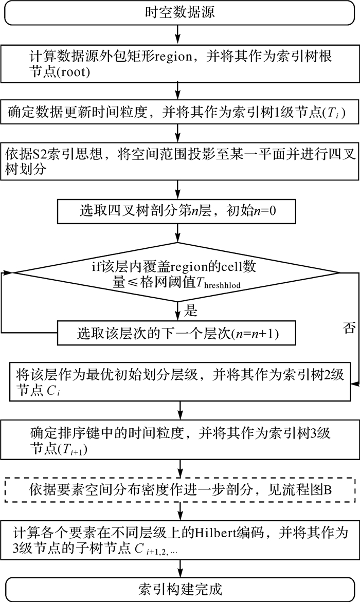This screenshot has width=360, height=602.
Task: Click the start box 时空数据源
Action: pyautogui.click(x=179, y=12)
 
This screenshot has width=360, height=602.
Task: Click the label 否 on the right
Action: pyautogui.click(x=348, y=329)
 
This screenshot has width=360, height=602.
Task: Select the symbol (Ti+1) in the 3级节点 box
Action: pyautogui.click(x=64, y=450)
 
